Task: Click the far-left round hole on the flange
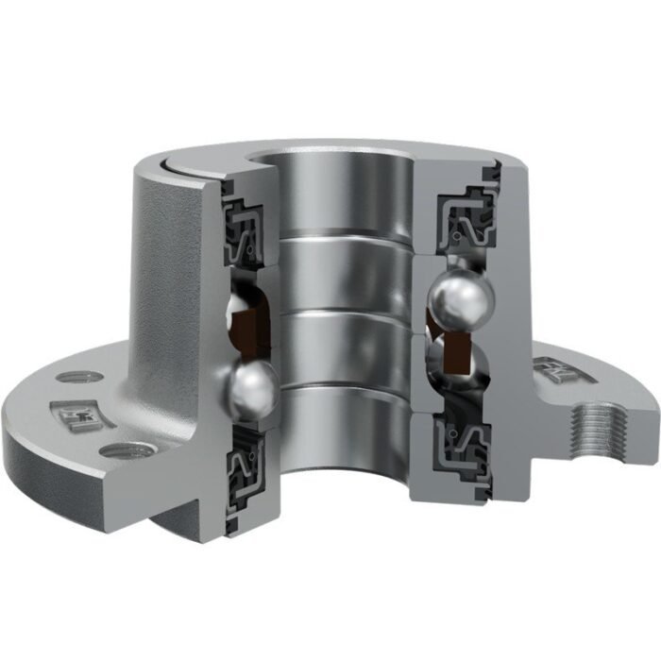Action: point(66,378)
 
